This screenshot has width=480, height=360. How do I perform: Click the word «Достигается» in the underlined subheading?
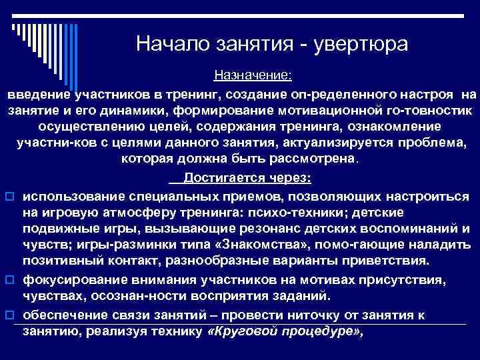tap(223, 178)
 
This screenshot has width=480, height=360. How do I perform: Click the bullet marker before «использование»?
tap(10, 197)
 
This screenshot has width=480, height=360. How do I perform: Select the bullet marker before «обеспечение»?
tap(10, 314)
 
